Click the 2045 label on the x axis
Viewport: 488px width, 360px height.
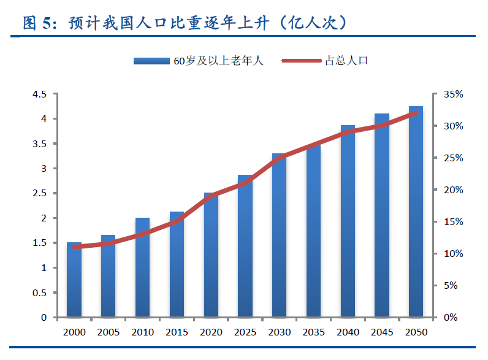click(382, 332)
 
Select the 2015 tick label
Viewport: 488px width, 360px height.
click(177, 332)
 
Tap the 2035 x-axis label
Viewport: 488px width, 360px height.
click(313, 332)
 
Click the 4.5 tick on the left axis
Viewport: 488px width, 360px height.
click(40, 94)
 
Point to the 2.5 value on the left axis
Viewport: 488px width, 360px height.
click(40, 193)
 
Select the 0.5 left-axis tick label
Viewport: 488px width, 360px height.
click(40, 293)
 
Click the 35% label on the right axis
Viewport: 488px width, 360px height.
click(453, 94)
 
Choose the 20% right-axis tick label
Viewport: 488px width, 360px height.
click(453, 190)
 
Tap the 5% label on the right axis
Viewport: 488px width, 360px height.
click(451, 285)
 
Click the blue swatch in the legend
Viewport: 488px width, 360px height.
click(151, 61)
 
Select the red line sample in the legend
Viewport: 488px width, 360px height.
click(301, 61)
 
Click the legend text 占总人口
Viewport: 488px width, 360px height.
click(346, 61)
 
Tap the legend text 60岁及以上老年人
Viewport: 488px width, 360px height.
click(218, 61)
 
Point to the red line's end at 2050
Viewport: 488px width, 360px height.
click(416, 113)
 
